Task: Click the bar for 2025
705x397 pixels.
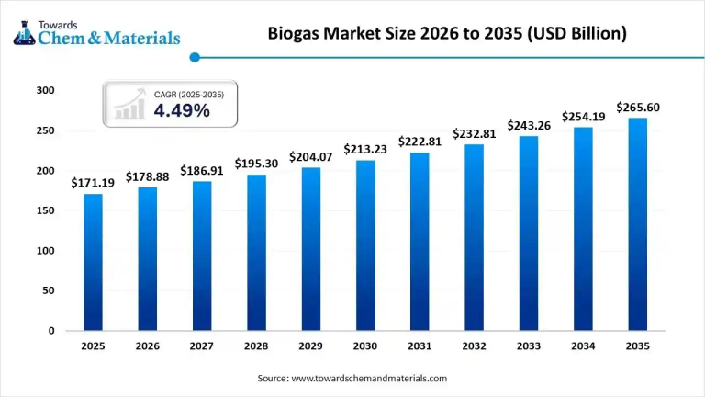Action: [x=93, y=262]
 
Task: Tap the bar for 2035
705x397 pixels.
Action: [x=637, y=224]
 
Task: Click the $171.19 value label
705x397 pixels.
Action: [x=93, y=183]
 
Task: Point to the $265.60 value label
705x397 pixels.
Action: [x=637, y=108]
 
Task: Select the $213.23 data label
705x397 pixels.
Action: [x=365, y=149]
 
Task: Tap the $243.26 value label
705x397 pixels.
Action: [x=529, y=125]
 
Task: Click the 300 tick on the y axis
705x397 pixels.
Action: [x=46, y=91]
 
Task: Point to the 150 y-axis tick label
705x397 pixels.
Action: [x=46, y=210]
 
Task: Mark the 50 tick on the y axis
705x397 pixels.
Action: [x=49, y=290]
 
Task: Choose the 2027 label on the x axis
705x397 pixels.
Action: [x=202, y=346]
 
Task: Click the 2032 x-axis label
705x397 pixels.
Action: [x=474, y=346]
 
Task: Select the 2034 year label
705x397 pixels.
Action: [x=583, y=346]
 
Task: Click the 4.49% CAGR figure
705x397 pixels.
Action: [x=182, y=111]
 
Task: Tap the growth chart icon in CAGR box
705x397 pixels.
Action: [x=129, y=104]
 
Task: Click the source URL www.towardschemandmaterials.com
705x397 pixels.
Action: [x=368, y=378]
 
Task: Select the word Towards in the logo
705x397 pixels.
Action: [x=54, y=25]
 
